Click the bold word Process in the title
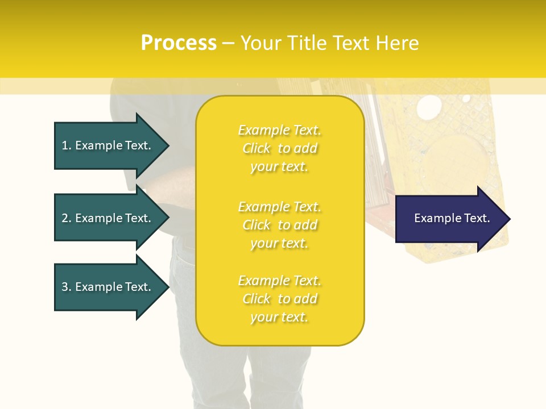[x=179, y=43]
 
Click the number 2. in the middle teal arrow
[x=67, y=218]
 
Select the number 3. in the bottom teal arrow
[x=67, y=287]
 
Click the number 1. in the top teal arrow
[x=67, y=145]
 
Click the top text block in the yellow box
[x=279, y=148]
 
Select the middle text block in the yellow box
[x=279, y=225]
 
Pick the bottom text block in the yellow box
[x=279, y=299]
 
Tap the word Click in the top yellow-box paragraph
[x=257, y=148]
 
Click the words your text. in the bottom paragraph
[x=279, y=317]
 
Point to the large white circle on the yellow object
[x=428, y=106]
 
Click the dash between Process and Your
[x=228, y=43]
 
